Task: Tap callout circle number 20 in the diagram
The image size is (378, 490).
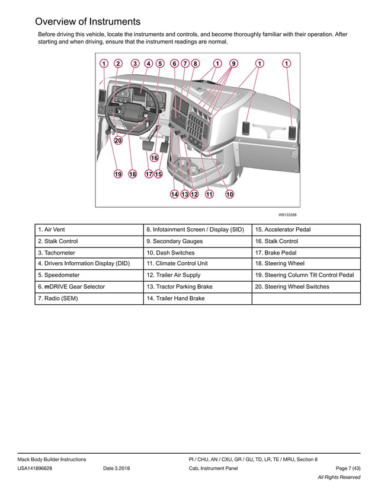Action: (118, 141)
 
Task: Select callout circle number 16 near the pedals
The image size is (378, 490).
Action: (154, 158)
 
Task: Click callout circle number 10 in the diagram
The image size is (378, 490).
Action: (229, 194)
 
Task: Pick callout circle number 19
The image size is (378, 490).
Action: (118, 174)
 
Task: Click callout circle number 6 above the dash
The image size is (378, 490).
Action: (174, 63)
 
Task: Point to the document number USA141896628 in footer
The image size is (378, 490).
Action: (34, 469)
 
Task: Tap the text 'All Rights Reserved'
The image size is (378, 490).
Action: (339, 478)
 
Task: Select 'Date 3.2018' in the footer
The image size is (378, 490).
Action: (117, 469)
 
